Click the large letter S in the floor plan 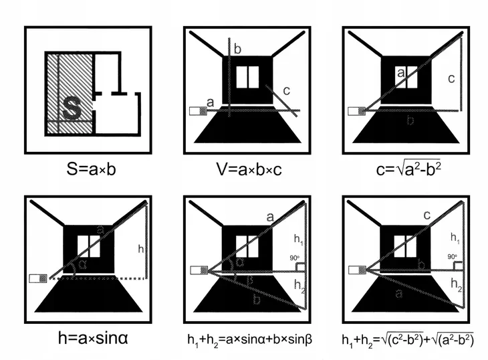click(x=72, y=108)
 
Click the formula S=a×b click(x=91, y=170)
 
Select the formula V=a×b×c click(x=249, y=170)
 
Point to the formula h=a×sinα click(x=93, y=338)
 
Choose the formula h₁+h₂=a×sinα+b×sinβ click(x=249, y=340)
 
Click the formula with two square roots click(x=408, y=340)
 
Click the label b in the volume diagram click(x=237, y=50)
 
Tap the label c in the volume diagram click(x=287, y=91)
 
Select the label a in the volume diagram click(x=211, y=102)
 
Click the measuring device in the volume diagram click(x=198, y=111)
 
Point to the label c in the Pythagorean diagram click(x=451, y=79)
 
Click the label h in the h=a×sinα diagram click(x=140, y=248)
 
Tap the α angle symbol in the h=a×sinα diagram click(x=82, y=264)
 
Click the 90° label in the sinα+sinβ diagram click(x=294, y=258)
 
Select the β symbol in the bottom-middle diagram click(x=249, y=280)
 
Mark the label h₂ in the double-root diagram click(x=457, y=284)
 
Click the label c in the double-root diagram click(x=427, y=215)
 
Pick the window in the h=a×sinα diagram click(x=89, y=246)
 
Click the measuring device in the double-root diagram click(x=357, y=270)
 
